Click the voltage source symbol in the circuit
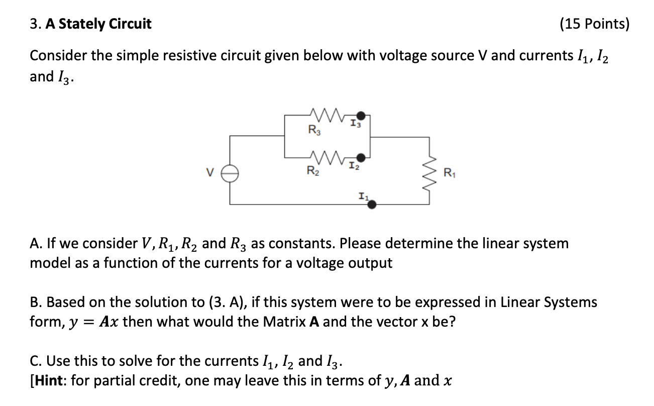coord(231,173)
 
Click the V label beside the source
coord(211,174)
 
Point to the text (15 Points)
coord(593,24)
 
